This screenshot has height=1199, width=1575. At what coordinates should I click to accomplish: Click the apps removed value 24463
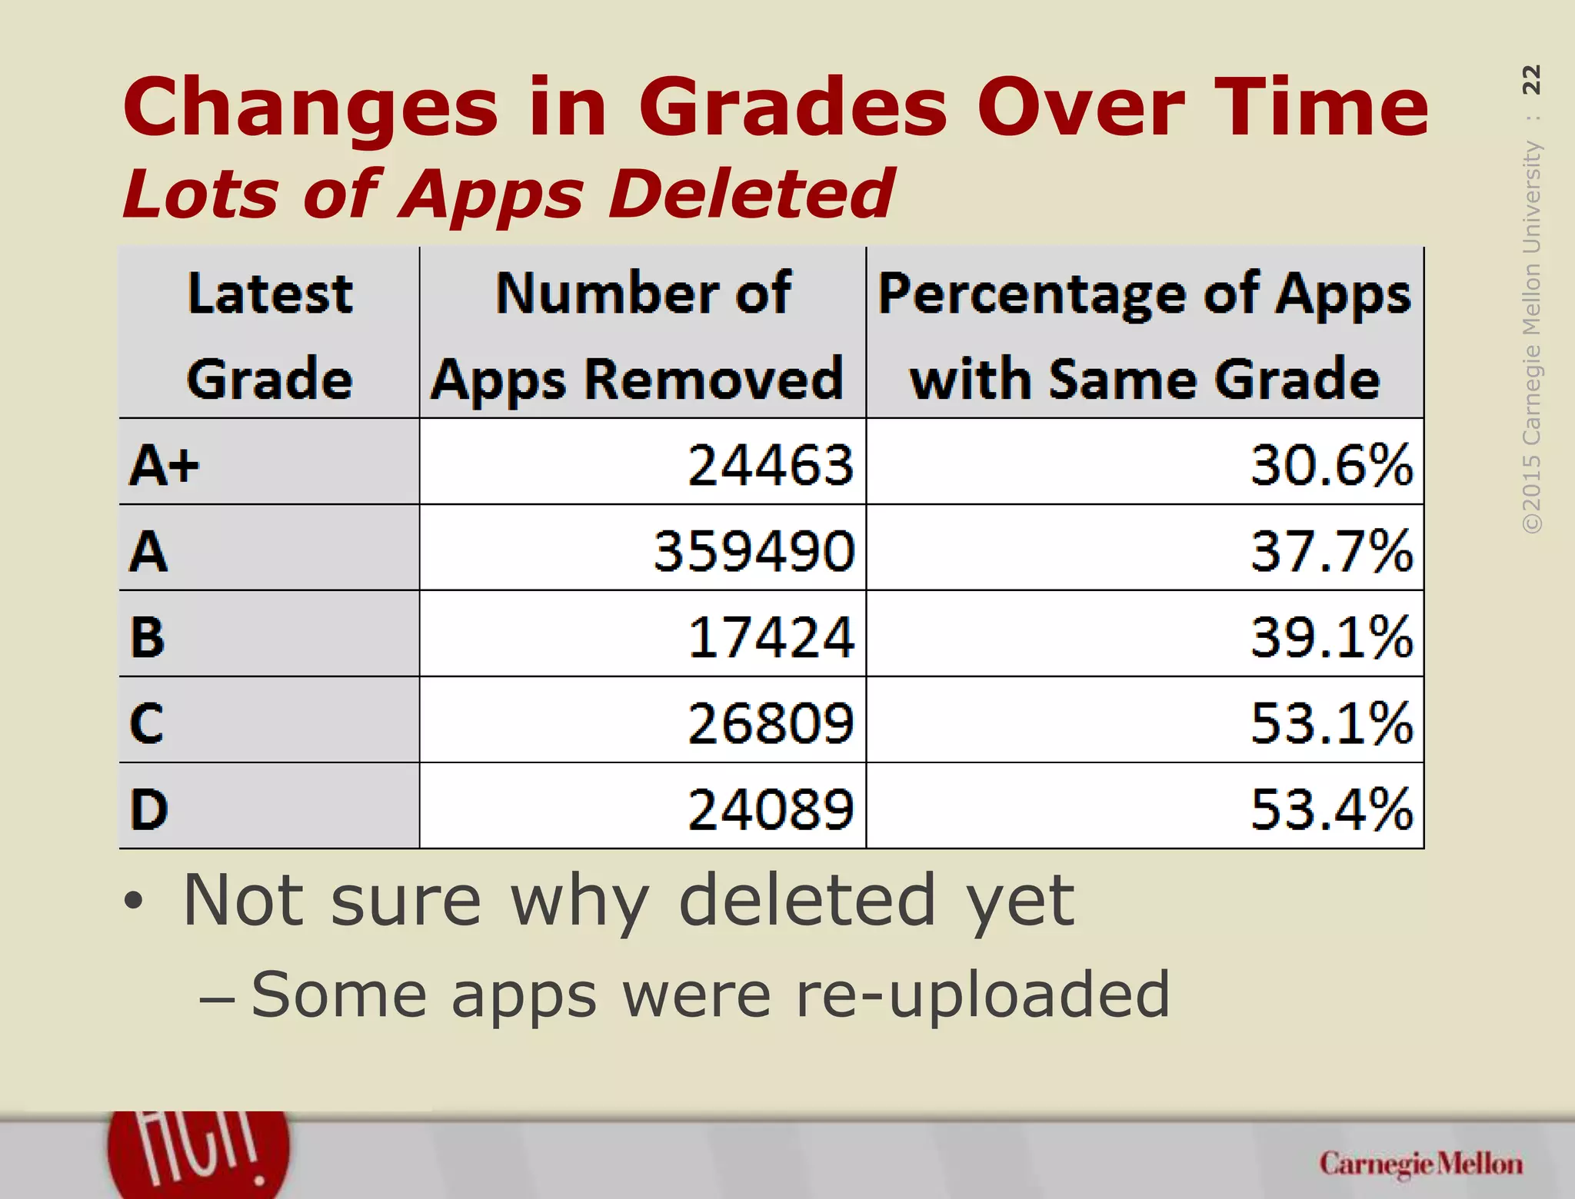pyautogui.click(x=770, y=465)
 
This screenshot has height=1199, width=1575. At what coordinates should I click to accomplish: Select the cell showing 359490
pyautogui.click(x=754, y=551)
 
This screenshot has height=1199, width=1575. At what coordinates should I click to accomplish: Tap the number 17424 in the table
pyautogui.click(x=770, y=637)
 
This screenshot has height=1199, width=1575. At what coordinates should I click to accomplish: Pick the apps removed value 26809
pyautogui.click(x=770, y=723)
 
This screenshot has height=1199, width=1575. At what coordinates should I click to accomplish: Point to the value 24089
pyautogui.click(x=770, y=809)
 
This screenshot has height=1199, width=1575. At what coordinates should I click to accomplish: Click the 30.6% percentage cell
pyautogui.click(x=1331, y=465)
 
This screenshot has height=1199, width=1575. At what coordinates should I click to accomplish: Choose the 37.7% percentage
pyautogui.click(x=1331, y=551)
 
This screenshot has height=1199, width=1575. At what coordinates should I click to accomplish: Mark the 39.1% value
pyautogui.click(x=1331, y=637)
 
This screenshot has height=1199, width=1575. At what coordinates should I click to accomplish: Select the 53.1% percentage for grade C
pyautogui.click(x=1331, y=723)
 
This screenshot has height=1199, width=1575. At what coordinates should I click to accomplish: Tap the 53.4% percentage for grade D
pyautogui.click(x=1331, y=809)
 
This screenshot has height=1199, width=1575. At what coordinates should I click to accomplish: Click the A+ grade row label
pyautogui.click(x=164, y=466)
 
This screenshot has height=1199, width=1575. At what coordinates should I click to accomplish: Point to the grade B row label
pyautogui.click(x=148, y=638)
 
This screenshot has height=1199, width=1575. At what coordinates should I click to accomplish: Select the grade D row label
pyautogui.click(x=148, y=810)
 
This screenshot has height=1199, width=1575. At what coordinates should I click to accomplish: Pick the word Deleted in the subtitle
pyautogui.click(x=751, y=194)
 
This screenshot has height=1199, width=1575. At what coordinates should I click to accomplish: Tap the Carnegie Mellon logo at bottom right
pyautogui.click(x=1420, y=1164)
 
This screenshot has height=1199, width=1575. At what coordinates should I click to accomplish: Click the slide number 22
pyautogui.click(x=1531, y=80)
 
